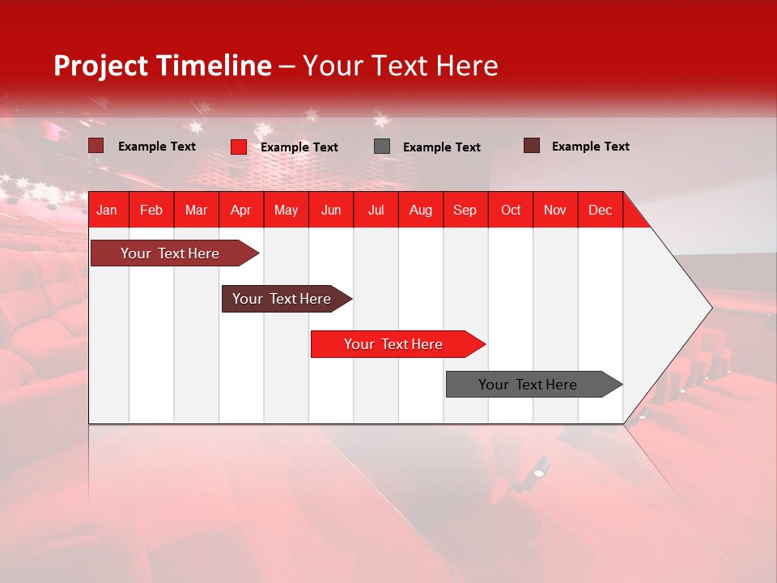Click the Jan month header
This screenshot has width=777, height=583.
(107, 210)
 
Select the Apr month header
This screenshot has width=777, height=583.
(240, 210)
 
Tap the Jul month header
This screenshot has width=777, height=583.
(376, 210)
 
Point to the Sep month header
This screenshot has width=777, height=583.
(465, 210)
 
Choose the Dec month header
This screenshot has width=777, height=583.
(600, 210)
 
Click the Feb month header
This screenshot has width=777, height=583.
(151, 210)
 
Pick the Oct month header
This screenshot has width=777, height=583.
(511, 210)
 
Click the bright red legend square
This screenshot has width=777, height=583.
(239, 147)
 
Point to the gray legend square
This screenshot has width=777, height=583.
(382, 147)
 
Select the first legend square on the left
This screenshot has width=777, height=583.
(96, 146)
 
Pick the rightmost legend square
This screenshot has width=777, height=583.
(532, 146)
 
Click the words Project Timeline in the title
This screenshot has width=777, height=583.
(163, 66)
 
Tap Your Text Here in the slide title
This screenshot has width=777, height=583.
(401, 66)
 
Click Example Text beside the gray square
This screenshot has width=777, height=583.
(442, 147)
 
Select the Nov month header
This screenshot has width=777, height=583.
(555, 210)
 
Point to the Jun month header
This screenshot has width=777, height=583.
(331, 210)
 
